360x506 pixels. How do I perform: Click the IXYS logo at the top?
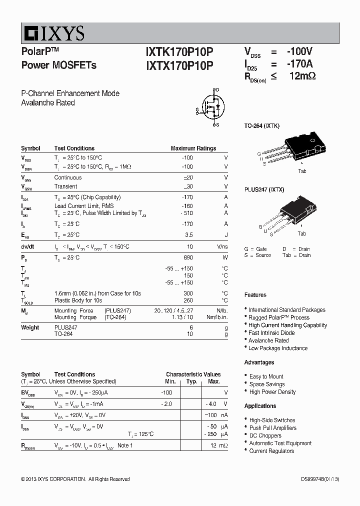(x=53, y=33)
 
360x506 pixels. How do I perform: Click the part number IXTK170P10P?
(x=179, y=51)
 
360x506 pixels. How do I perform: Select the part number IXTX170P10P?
(x=179, y=65)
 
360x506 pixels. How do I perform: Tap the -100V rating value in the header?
(x=299, y=51)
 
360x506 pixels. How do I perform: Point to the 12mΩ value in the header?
(x=302, y=76)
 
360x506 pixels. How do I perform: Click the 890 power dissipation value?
(x=188, y=257)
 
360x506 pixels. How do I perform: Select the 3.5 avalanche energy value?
(x=189, y=234)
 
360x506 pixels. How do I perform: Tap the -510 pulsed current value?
(x=186, y=213)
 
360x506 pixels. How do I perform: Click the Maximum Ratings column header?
(x=193, y=148)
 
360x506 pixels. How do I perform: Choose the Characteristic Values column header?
(x=193, y=374)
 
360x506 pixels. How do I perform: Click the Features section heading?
(x=255, y=295)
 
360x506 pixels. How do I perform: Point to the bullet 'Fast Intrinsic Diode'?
(x=271, y=332)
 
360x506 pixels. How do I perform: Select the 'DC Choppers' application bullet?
(x=265, y=435)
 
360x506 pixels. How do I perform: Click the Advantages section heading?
(x=259, y=362)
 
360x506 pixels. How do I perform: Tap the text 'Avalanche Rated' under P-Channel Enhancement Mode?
(x=48, y=102)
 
